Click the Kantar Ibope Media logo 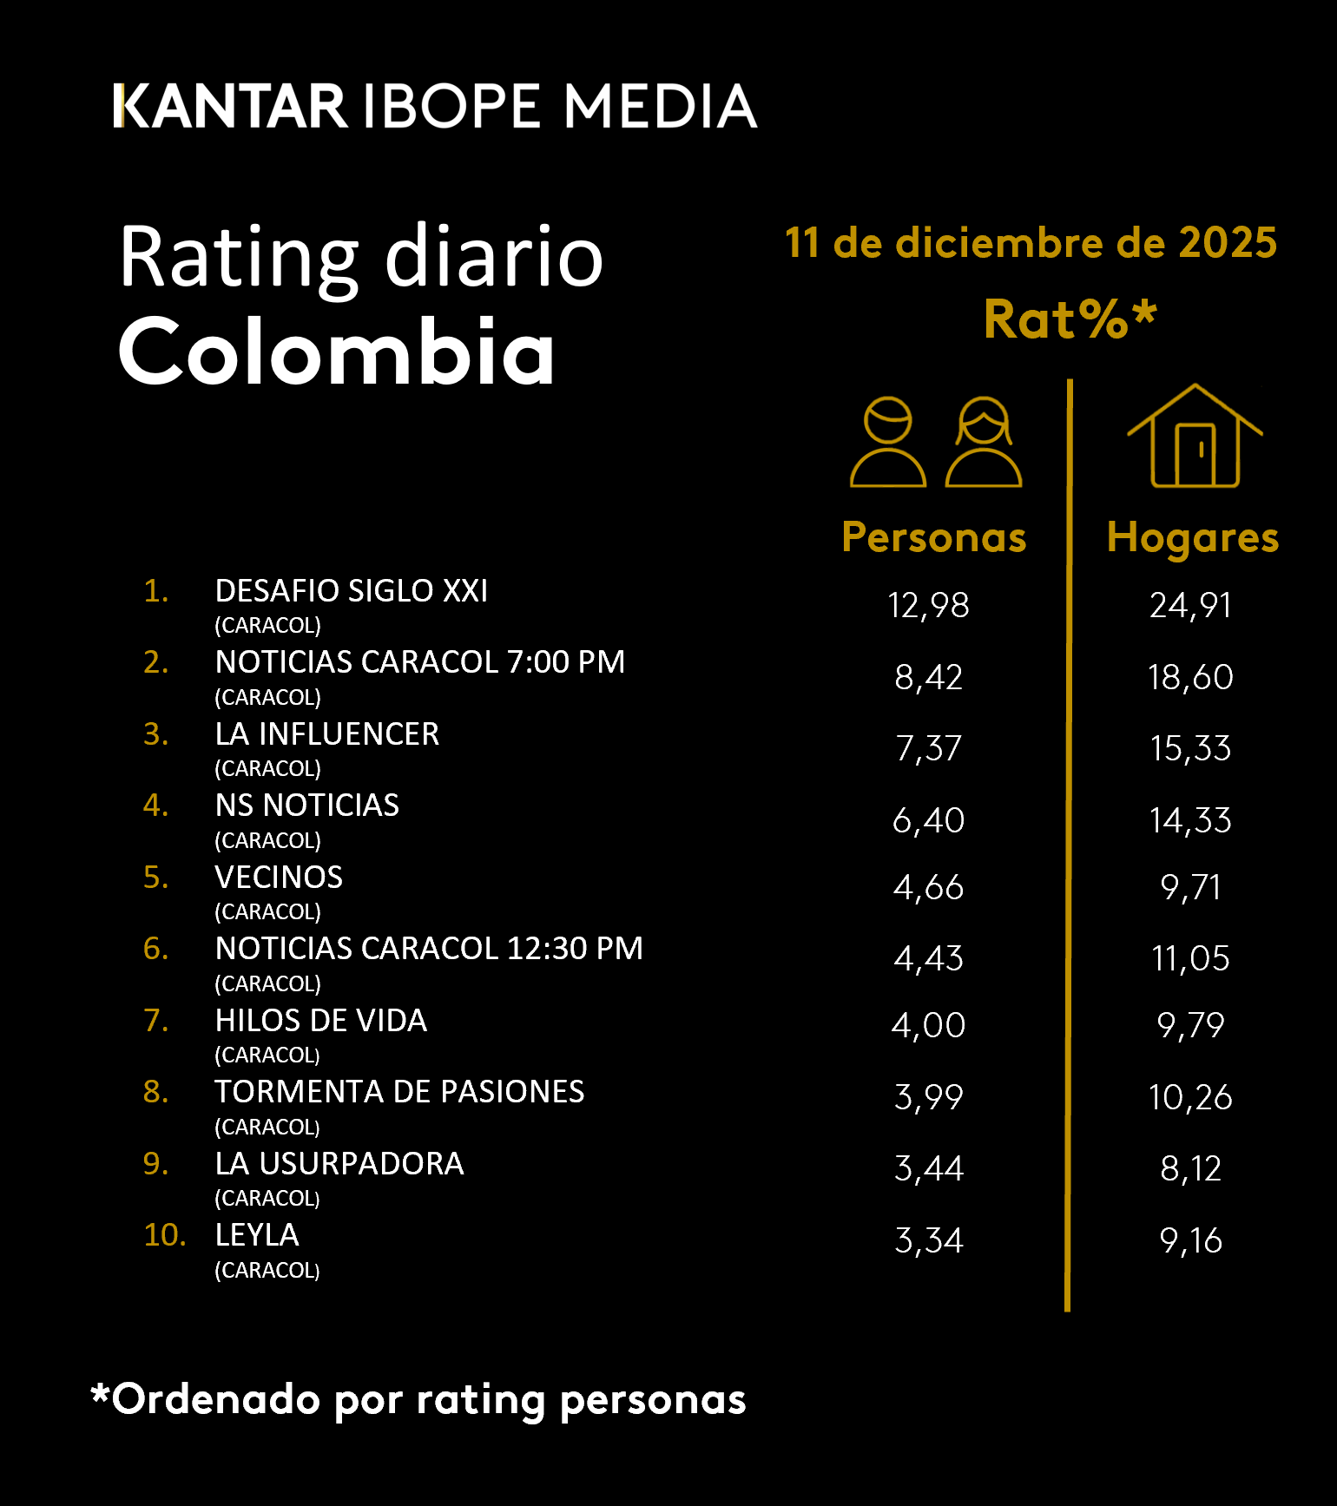point(434,106)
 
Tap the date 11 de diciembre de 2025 point(1031,243)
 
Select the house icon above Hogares point(1195,437)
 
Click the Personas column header point(934,537)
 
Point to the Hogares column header point(1193,537)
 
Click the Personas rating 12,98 point(928,605)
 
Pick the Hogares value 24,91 point(1190,605)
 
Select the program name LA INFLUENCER point(327,734)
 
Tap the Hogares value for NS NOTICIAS point(1190,820)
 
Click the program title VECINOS point(279,878)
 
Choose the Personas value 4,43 point(928,958)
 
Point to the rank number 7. point(155,1021)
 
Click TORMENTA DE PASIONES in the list point(399,1092)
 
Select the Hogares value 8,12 point(1190,1169)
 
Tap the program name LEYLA point(257,1235)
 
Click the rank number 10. point(164,1235)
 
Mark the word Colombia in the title point(337,352)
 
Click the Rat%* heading point(1070,319)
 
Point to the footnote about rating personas point(418,1399)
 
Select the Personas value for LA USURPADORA point(928,1169)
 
